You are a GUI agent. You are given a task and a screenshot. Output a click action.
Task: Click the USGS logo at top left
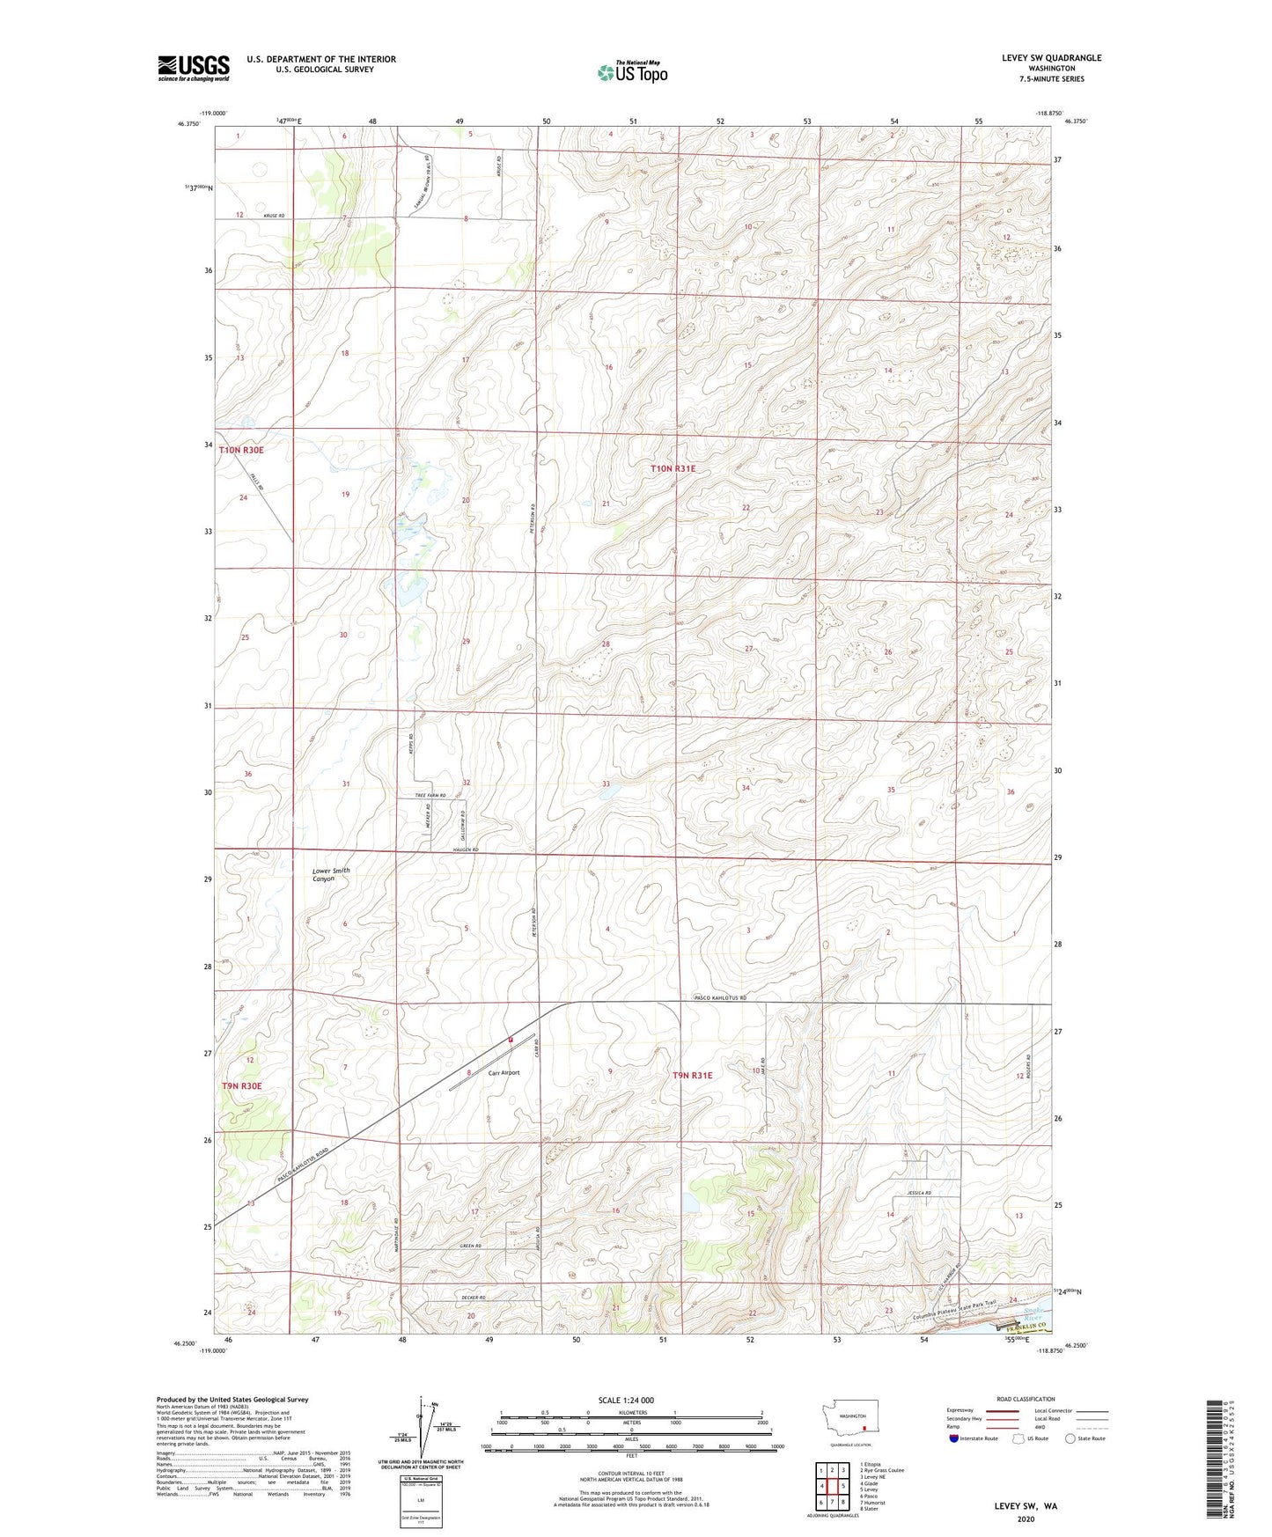click(193, 68)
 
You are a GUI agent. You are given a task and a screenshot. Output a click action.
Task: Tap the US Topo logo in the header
click(632, 72)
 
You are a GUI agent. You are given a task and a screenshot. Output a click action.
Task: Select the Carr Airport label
click(504, 1072)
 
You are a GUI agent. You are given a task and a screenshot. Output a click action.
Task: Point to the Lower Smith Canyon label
click(331, 874)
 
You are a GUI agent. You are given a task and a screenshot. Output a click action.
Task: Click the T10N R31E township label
click(673, 469)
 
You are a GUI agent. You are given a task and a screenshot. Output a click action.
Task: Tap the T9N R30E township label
click(242, 1086)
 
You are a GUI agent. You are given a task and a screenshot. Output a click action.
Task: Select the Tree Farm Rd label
click(430, 795)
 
